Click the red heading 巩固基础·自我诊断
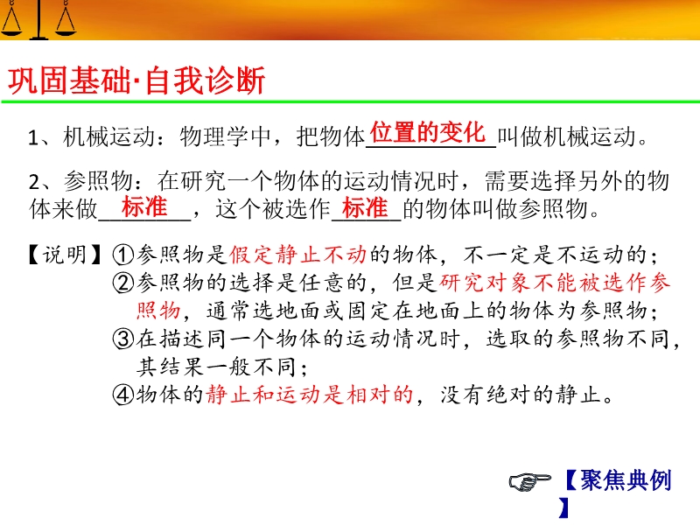[x=136, y=80]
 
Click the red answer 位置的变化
[x=428, y=132]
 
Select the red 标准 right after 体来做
[x=144, y=207]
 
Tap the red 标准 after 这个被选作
[x=365, y=207]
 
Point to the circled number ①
[x=123, y=255]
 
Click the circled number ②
[x=123, y=283]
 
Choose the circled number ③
[x=123, y=339]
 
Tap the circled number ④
[x=123, y=395]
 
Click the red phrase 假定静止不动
[x=297, y=255]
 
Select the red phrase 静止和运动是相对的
[x=310, y=395]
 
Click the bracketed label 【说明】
[x=64, y=255]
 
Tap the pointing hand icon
[x=529, y=481]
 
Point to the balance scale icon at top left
[x=38, y=19]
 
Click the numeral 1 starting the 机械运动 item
[x=32, y=137]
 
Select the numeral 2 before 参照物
[x=34, y=182]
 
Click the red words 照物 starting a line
[x=158, y=311]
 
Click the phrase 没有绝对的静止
[x=521, y=395]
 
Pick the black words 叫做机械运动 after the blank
[x=566, y=136]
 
